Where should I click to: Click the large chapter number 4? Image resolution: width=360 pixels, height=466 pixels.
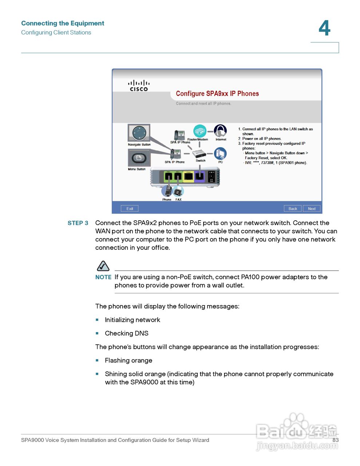324,28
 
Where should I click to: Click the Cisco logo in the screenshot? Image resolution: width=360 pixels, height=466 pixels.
139,86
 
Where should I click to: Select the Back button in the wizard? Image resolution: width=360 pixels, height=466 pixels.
293,209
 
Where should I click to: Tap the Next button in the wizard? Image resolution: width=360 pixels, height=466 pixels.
312,209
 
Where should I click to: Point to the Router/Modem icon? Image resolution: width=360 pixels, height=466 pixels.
199,131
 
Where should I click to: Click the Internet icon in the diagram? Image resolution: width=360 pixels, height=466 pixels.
220,131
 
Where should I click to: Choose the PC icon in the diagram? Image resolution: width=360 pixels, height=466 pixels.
220,154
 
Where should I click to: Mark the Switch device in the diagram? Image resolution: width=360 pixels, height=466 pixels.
199,153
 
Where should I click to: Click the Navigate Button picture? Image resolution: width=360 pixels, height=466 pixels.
139,133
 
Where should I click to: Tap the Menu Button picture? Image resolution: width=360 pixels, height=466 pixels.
139,158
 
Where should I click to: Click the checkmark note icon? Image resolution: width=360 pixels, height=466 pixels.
103,266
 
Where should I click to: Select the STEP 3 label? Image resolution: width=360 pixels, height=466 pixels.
78,223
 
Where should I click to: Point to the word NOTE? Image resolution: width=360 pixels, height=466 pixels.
103,277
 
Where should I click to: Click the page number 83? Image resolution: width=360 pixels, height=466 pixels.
335,440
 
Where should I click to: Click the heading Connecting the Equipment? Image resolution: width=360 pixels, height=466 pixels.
63,23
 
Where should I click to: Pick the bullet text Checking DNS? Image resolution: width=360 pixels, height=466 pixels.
127,333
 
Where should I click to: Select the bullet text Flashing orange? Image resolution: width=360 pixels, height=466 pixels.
128,360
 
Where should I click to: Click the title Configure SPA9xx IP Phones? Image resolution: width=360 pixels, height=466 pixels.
217,94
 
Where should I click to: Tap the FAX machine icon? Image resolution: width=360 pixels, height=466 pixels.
178,191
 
